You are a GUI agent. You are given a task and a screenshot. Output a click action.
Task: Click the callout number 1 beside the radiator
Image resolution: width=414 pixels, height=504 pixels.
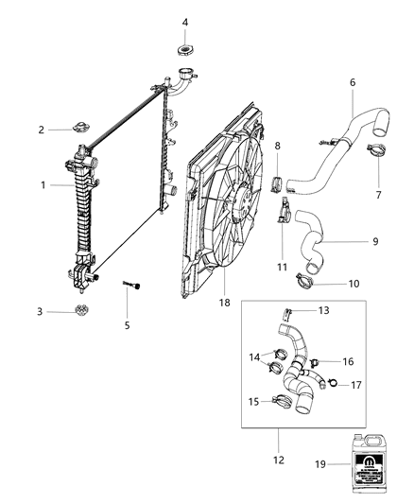click(x=43, y=185)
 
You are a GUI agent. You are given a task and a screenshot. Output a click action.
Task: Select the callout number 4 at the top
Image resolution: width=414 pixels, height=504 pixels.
click(x=184, y=22)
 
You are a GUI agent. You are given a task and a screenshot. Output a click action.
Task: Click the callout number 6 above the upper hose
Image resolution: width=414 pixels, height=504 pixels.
click(x=352, y=82)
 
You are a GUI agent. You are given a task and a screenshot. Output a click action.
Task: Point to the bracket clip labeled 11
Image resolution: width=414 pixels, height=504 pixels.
click(x=284, y=212)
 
